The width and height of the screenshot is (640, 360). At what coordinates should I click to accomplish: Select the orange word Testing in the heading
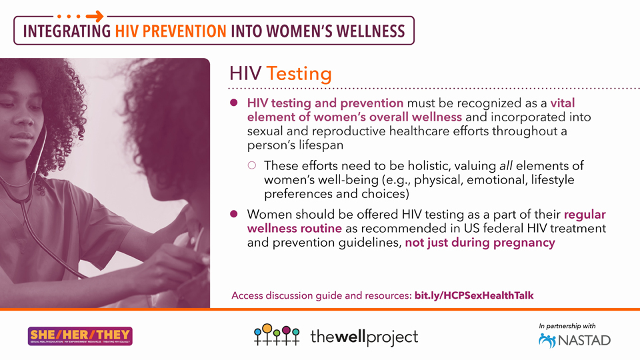299,73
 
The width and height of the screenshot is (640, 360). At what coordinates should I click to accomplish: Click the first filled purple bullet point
234,103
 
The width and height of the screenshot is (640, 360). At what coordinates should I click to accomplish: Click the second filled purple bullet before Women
234,214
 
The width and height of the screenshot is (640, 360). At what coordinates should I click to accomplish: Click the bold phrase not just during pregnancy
480,243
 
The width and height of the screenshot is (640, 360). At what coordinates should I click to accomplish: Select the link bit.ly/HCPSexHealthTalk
474,295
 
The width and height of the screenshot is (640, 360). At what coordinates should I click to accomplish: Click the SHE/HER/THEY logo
80,336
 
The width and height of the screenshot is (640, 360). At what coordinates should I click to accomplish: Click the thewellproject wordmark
364,337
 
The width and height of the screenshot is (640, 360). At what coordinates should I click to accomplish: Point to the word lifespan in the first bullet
325,145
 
